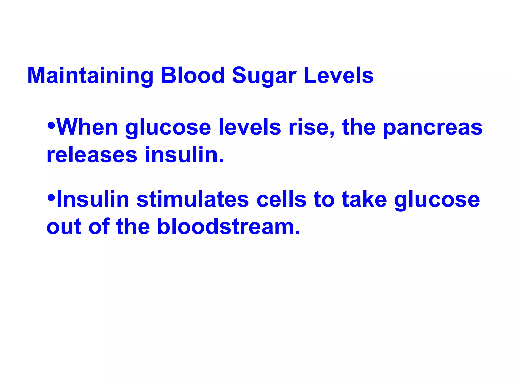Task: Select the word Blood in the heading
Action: [x=193, y=75]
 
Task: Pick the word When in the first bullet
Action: [x=88, y=127]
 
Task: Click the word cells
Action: [x=281, y=200]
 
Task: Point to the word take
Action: [x=364, y=200]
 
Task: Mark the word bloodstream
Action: [x=229, y=227]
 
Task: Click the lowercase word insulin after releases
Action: [x=184, y=155]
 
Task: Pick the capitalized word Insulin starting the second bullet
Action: [x=93, y=200]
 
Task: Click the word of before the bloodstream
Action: [x=99, y=227]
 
